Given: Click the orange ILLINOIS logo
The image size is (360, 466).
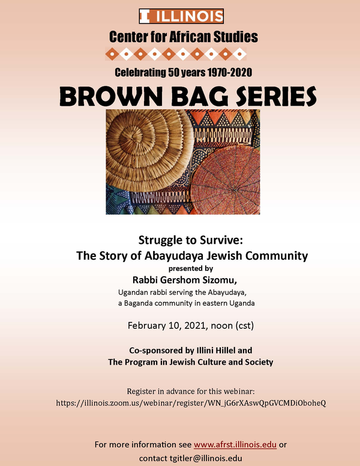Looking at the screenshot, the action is tap(181, 16).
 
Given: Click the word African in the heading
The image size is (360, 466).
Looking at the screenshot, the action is tap(190, 37).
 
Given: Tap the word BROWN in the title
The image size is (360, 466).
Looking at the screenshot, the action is tap(111, 97).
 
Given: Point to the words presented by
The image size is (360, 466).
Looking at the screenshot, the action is tap(191, 268).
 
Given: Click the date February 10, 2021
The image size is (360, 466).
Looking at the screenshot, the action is tap(167, 325).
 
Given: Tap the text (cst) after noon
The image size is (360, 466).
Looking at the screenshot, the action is tap(245, 325).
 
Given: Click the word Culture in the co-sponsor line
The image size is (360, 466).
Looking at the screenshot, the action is tap(211, 362).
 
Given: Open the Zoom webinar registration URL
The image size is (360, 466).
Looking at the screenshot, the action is tap(191, 404).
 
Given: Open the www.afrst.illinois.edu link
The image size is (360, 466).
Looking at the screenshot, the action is tap(235, 445).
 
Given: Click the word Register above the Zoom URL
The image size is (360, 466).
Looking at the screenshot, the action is tap(139, 392).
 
